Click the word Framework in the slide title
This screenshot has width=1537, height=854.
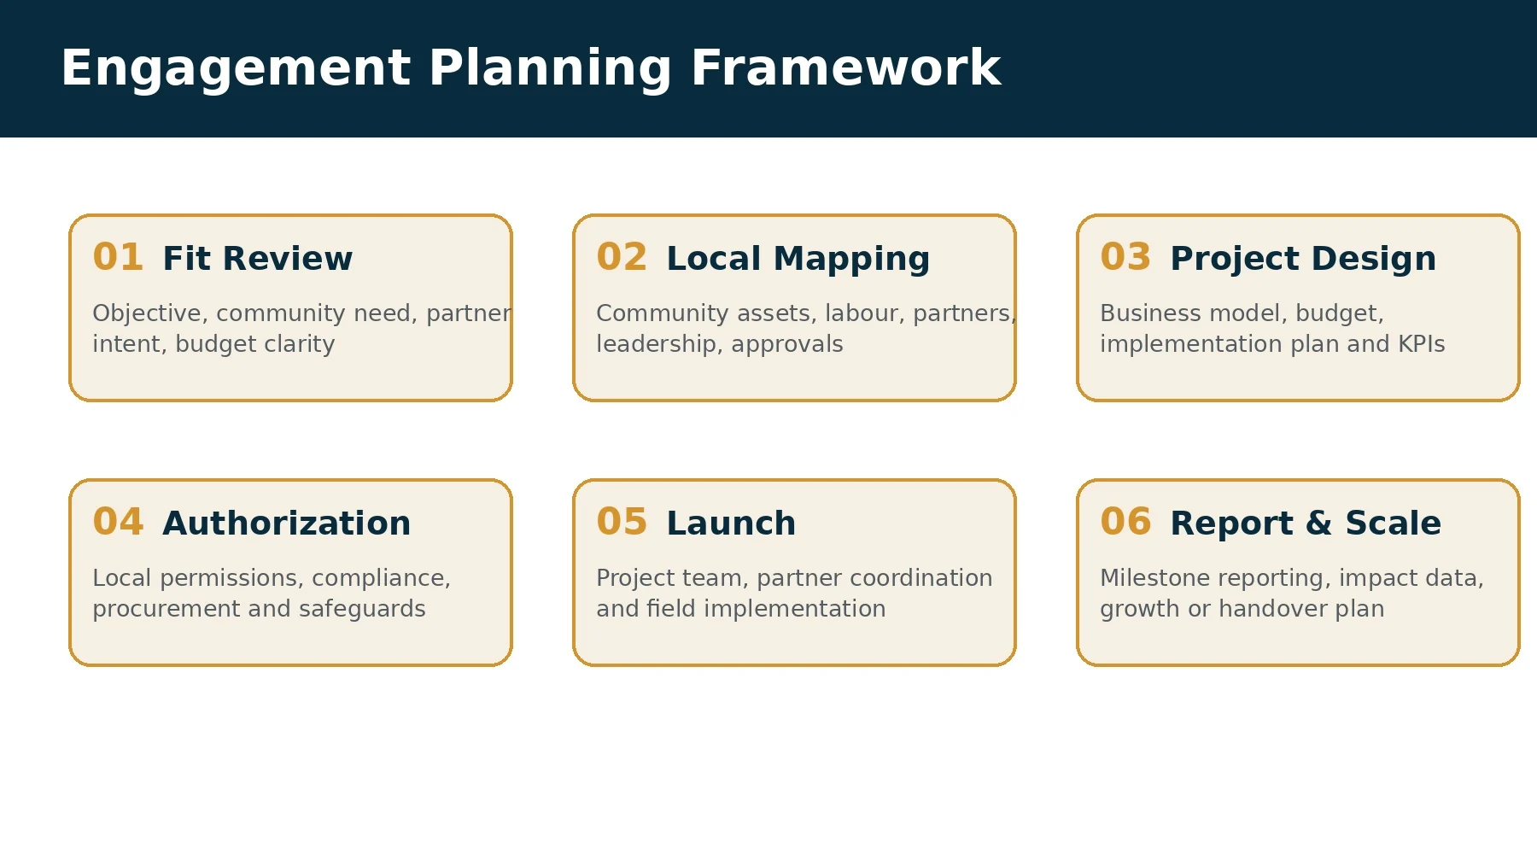(x=845, y=68)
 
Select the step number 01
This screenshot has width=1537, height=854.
(x=118, y=257)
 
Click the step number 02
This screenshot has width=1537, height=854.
(x=622, y=257)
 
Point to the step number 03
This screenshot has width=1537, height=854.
(x=1125, y=257)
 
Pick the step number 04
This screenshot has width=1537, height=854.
(x=118, y=522)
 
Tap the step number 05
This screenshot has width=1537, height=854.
(x=622, y=522)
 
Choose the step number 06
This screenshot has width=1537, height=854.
(x=1125, y=522)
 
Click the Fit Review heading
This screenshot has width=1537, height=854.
(x=257, y=258)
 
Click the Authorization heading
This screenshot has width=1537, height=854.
(x=286, y=523)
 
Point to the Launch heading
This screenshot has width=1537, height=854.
(x=731, y=523)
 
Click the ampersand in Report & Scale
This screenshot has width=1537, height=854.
(x=1318, y=523)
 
